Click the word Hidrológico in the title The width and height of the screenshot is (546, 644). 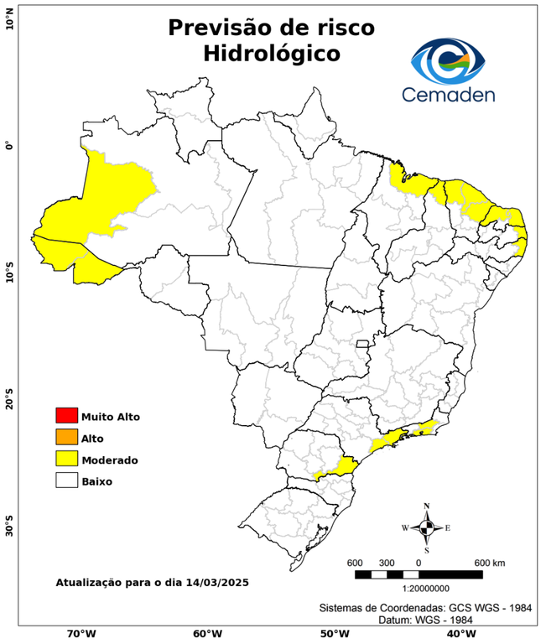(x=272, y=54)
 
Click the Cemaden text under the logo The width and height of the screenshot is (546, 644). (x=449, y=94)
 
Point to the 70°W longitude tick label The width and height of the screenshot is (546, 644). (x=81, y=633)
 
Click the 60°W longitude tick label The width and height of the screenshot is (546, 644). (x=207, y=633)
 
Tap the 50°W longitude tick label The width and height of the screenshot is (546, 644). (x=333, y=633)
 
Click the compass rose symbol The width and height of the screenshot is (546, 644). (x=427, y=527)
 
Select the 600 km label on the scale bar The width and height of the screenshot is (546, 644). (x=488, y=562)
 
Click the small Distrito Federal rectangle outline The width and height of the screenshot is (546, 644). (x=363, y=344)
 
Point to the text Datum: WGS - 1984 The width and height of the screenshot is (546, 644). (x=424, y=620)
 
